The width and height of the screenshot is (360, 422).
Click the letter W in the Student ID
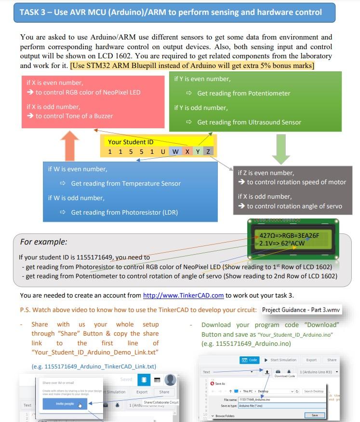tap(175, 152)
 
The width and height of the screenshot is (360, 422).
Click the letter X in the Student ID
tap(187, 152)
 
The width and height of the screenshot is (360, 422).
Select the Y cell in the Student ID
tap(198, 152)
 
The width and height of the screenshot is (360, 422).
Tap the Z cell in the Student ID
tap(208, 152)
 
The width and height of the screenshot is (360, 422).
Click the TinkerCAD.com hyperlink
tap(183, 295)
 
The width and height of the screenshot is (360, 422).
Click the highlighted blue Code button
tap(251, 360)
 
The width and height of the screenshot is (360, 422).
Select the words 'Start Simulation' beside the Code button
tap(283, 360)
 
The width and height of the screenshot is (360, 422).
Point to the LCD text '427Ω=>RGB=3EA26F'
tap(289, 235)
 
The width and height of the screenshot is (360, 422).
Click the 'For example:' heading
tap(44, 241)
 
